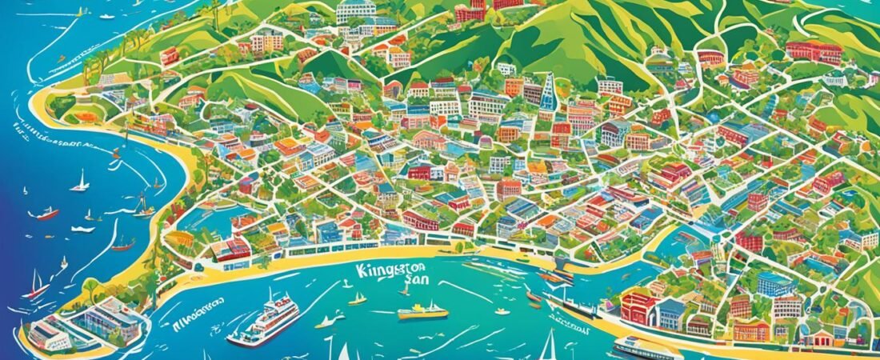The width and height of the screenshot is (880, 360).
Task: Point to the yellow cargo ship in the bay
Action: (x=423, y=311)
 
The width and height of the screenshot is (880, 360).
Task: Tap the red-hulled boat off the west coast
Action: (x=46, y=214)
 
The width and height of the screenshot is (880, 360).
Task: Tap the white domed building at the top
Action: (x=356, y=10)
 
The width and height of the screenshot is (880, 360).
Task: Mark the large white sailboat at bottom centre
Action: (x=549, y=346)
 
